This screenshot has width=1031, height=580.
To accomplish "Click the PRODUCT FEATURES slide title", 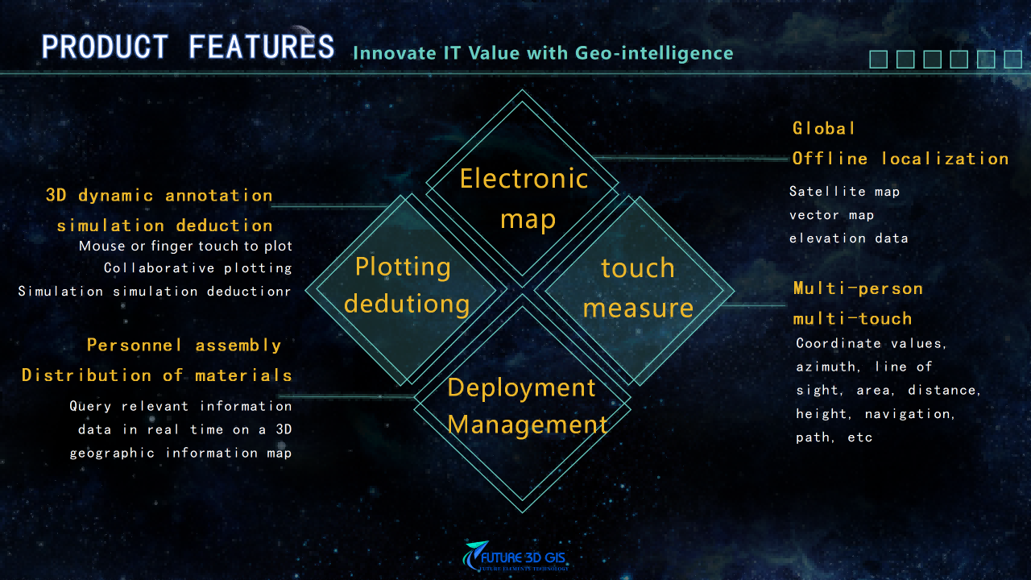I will [x=188, y=48].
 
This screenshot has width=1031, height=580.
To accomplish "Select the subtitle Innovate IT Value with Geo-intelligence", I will [x=543, y=54].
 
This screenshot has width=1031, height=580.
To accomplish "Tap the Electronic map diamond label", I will [x=524, y=198].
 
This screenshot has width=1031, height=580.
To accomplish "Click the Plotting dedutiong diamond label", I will [x=405, y=285].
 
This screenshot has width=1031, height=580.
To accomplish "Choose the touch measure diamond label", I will [x=638, y=287].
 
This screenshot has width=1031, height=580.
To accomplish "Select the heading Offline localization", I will [x=900, y=159].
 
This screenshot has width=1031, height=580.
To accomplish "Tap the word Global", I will [x=823, y=128].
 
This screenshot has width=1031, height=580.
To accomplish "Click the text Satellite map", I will [x=844, y=192].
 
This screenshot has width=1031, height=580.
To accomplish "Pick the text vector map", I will [x=831, y=215].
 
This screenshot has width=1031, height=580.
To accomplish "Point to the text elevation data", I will [x=848, y=238].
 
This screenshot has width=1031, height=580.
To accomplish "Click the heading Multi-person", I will [x=858, y=288].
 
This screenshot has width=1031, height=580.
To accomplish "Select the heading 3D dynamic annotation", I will [x=159, y=196].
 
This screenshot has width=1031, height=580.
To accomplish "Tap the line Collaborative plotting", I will [x=198, y=267].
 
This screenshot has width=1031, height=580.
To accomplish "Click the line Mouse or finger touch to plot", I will [x=185, y=246].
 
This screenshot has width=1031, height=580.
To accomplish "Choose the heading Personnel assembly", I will [x=184, y=346].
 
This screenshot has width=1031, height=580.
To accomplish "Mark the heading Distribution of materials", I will [x=157, y=375].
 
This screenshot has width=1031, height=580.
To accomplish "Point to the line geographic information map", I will [x=180, y=453].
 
